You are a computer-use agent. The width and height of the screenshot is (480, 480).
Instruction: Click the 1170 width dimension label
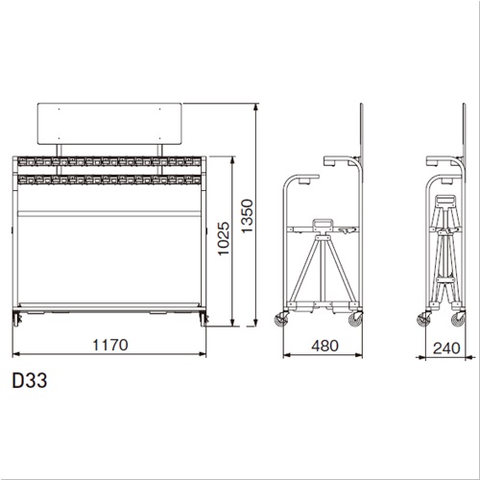[x=110, y=345]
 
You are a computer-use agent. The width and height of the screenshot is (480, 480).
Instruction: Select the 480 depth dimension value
[x=324, y=346]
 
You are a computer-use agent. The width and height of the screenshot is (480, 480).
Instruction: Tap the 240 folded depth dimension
[x=446, y=348]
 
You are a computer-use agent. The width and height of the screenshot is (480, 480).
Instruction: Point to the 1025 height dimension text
[x=224, y=238]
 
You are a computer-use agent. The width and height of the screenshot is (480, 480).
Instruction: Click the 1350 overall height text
[x=248, y=216]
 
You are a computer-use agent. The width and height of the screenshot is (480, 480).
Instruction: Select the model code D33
[x=30, y=380]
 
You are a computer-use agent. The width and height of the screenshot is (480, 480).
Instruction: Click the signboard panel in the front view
[x=109, y=124]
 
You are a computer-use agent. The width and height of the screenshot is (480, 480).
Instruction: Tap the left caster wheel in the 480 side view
[x=281, y=320]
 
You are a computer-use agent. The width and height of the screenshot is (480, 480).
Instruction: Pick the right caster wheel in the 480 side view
[x=355, y=320]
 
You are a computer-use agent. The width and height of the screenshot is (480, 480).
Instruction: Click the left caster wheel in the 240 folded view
[x=424, y=320]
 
